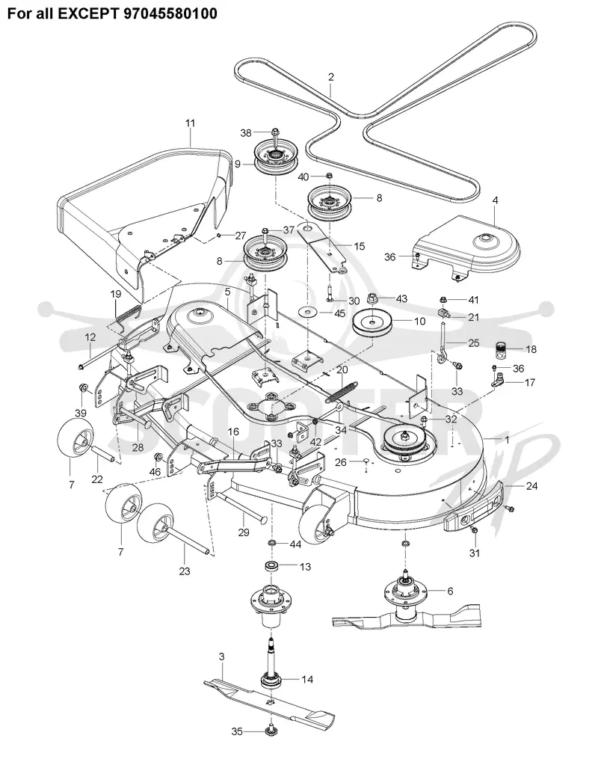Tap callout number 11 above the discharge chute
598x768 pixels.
pos(190,123)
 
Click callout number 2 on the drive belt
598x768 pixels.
pos(331,77)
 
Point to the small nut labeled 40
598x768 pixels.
pos(329,176)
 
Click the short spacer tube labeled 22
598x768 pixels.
pos(102,453)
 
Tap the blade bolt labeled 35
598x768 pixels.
pos(270,732)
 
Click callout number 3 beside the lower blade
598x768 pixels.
pos(222,656)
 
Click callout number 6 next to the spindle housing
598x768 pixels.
pos(450,591)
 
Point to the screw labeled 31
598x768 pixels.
pos(474,530)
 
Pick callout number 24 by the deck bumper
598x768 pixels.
pos(532,486)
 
